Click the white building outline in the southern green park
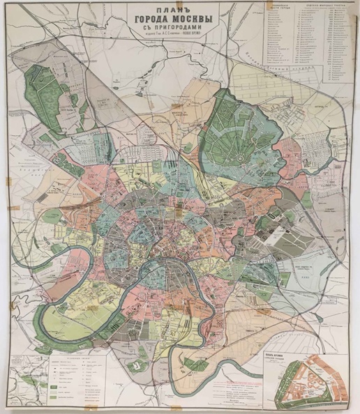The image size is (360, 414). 140,362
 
